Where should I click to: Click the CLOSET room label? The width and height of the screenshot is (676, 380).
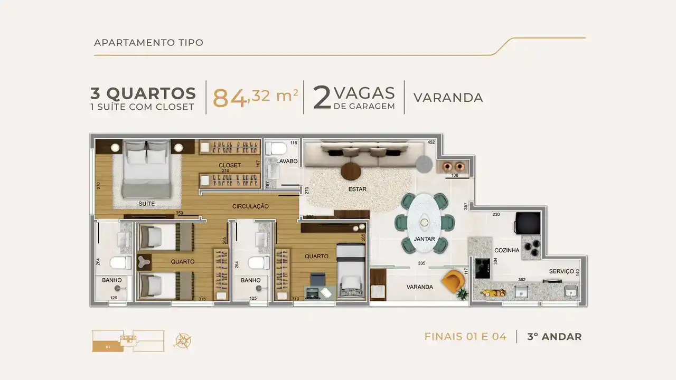230,165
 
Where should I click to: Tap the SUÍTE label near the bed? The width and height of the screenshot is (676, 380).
146,203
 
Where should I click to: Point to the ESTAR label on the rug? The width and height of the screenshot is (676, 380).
358,189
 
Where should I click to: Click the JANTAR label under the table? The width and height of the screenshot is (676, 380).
424,239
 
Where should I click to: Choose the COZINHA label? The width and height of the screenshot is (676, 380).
506,250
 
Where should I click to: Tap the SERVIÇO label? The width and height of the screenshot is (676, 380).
561,271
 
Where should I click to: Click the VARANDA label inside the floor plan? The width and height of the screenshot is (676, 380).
420,287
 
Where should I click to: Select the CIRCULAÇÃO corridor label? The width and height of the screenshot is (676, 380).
251,206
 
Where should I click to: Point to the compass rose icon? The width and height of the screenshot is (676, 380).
183,339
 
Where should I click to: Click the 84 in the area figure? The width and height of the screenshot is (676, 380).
229,97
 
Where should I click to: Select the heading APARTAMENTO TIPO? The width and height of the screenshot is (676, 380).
148,43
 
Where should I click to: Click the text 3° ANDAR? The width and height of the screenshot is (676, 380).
554,337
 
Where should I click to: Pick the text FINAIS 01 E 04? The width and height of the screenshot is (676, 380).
465,337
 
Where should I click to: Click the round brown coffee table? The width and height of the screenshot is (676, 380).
351,170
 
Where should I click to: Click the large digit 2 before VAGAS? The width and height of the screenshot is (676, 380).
322,98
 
